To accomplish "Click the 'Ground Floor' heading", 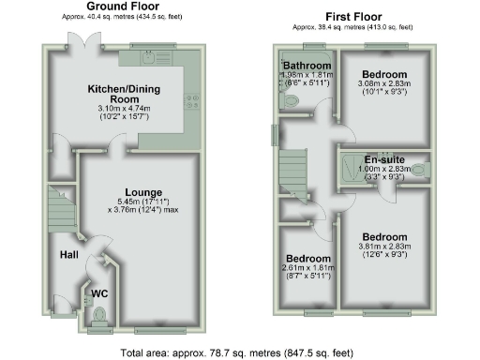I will [x=122, y=7].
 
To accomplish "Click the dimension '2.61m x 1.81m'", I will [x=307, y=268].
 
